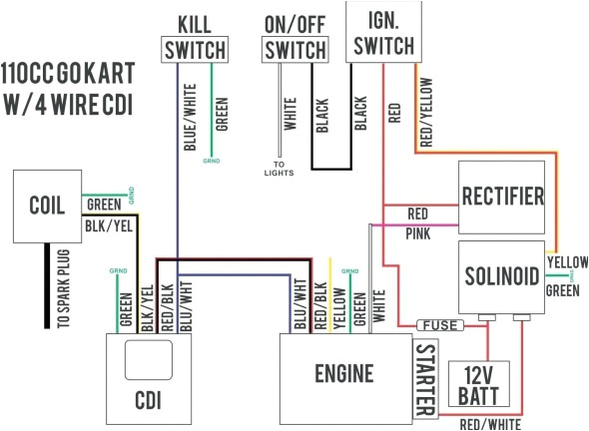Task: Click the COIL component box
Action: click(x=47, y=206)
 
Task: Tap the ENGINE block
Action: click(x=344, y=374)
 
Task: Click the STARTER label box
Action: click(x=423, y=378)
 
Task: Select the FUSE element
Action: click(x=440, y=325)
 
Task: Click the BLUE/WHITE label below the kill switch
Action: click(x=190, y=116)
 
